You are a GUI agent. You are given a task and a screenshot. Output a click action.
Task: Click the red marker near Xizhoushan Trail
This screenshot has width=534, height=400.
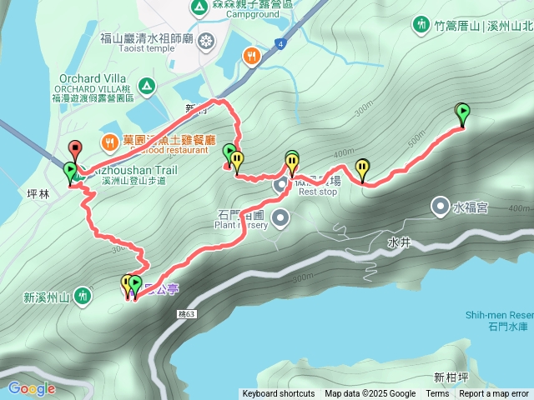coord(75,150)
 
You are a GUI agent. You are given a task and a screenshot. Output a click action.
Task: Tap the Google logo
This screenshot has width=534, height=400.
coord(32,388)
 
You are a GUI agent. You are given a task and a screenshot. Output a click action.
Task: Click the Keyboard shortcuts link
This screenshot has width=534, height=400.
coord(279,394)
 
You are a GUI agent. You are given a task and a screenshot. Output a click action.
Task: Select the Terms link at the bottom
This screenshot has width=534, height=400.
coord(437,394)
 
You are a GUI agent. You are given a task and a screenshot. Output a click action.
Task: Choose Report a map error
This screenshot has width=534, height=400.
coord(494,394)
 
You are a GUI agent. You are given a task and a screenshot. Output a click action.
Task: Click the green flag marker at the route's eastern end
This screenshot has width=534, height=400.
coord(463,110)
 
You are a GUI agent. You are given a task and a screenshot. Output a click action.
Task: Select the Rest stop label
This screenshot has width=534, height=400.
coord(318,192)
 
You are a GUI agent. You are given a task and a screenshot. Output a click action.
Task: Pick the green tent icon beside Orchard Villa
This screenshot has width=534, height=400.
coord(146,85)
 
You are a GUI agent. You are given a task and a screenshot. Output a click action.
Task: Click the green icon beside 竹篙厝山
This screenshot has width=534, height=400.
coord(421,25)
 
